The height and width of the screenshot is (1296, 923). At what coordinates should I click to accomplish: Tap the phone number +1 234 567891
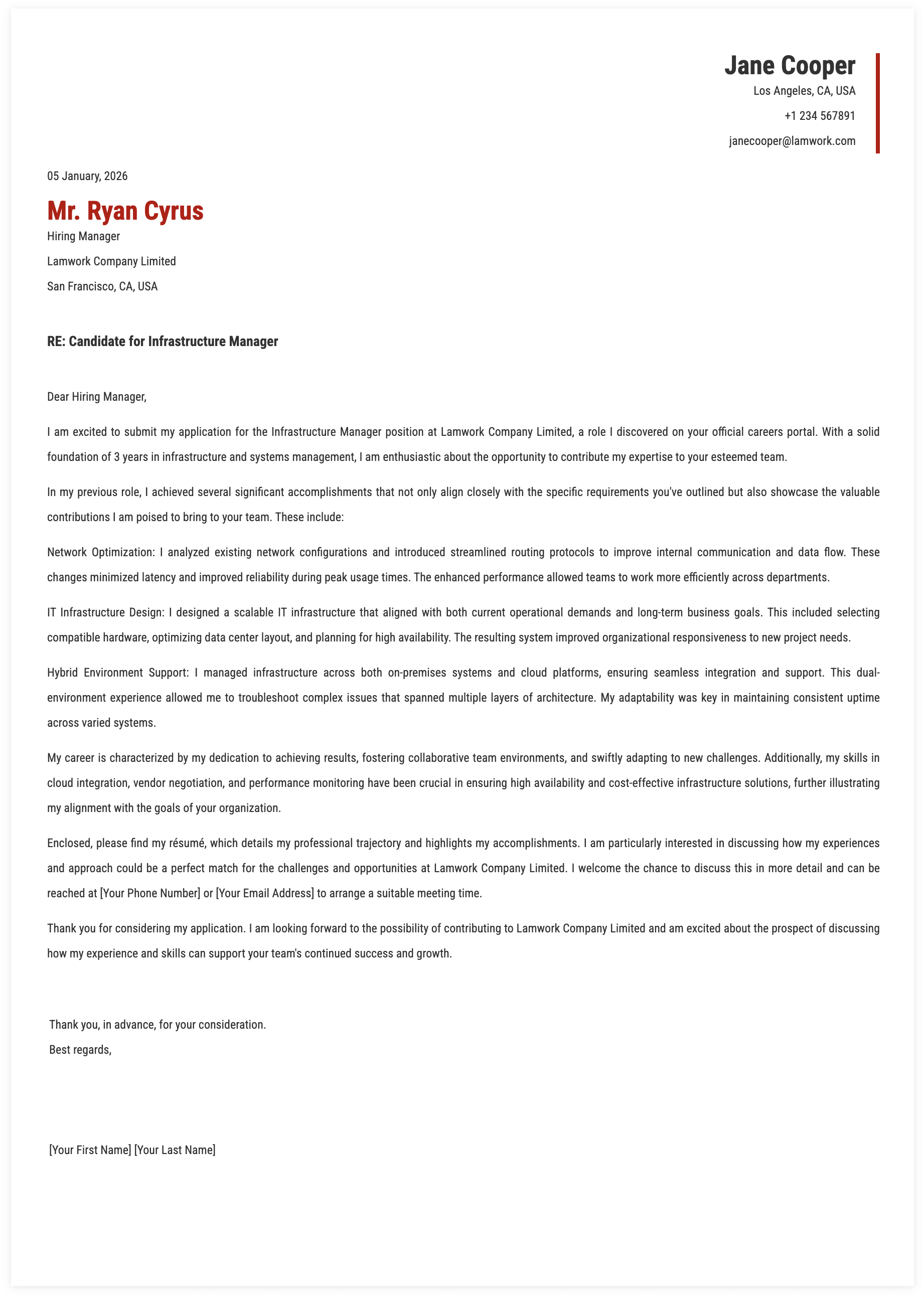[x=819, y=116]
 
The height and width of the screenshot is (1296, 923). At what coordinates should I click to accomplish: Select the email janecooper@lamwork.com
[x=792, y=141]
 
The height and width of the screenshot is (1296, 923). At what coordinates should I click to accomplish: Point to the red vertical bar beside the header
[x=877, y=103]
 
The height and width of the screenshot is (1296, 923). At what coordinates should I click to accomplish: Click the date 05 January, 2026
[x=87, y=176]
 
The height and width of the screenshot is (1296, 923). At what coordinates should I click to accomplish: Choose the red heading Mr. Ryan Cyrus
[x=125, y=211]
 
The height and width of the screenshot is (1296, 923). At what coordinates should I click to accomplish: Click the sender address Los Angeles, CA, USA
[x=804, y=91]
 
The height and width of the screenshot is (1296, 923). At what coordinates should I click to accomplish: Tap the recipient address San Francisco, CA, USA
[x=102, y=286]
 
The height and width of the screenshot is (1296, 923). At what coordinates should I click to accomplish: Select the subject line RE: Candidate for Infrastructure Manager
[x=163, y=342]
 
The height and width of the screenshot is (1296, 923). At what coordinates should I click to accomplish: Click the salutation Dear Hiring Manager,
[x=97, y=397]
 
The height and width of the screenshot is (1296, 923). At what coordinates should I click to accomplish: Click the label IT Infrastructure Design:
[x=106, y=612]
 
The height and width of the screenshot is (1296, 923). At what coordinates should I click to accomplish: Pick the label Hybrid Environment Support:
[x=118, y=673]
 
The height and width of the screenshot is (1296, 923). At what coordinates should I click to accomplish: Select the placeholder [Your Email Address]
[x=265, y=893]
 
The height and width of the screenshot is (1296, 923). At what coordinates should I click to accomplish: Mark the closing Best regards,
[x=80, y=1050]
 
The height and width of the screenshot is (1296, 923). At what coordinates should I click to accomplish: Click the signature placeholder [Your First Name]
[x=90, y=1150]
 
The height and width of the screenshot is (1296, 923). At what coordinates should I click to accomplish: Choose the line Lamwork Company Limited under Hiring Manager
[x=111, y=261]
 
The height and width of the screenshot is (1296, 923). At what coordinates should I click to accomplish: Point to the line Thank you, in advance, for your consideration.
[x=158, y=1025]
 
